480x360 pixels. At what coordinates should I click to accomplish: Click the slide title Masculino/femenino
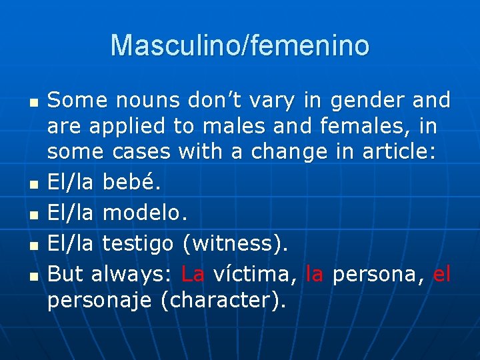click(240, 46)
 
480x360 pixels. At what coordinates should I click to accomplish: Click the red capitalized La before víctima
click(193, 273)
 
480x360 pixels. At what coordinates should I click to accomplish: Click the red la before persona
click(314, 273)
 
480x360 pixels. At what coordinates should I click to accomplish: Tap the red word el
click(442, 273)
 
